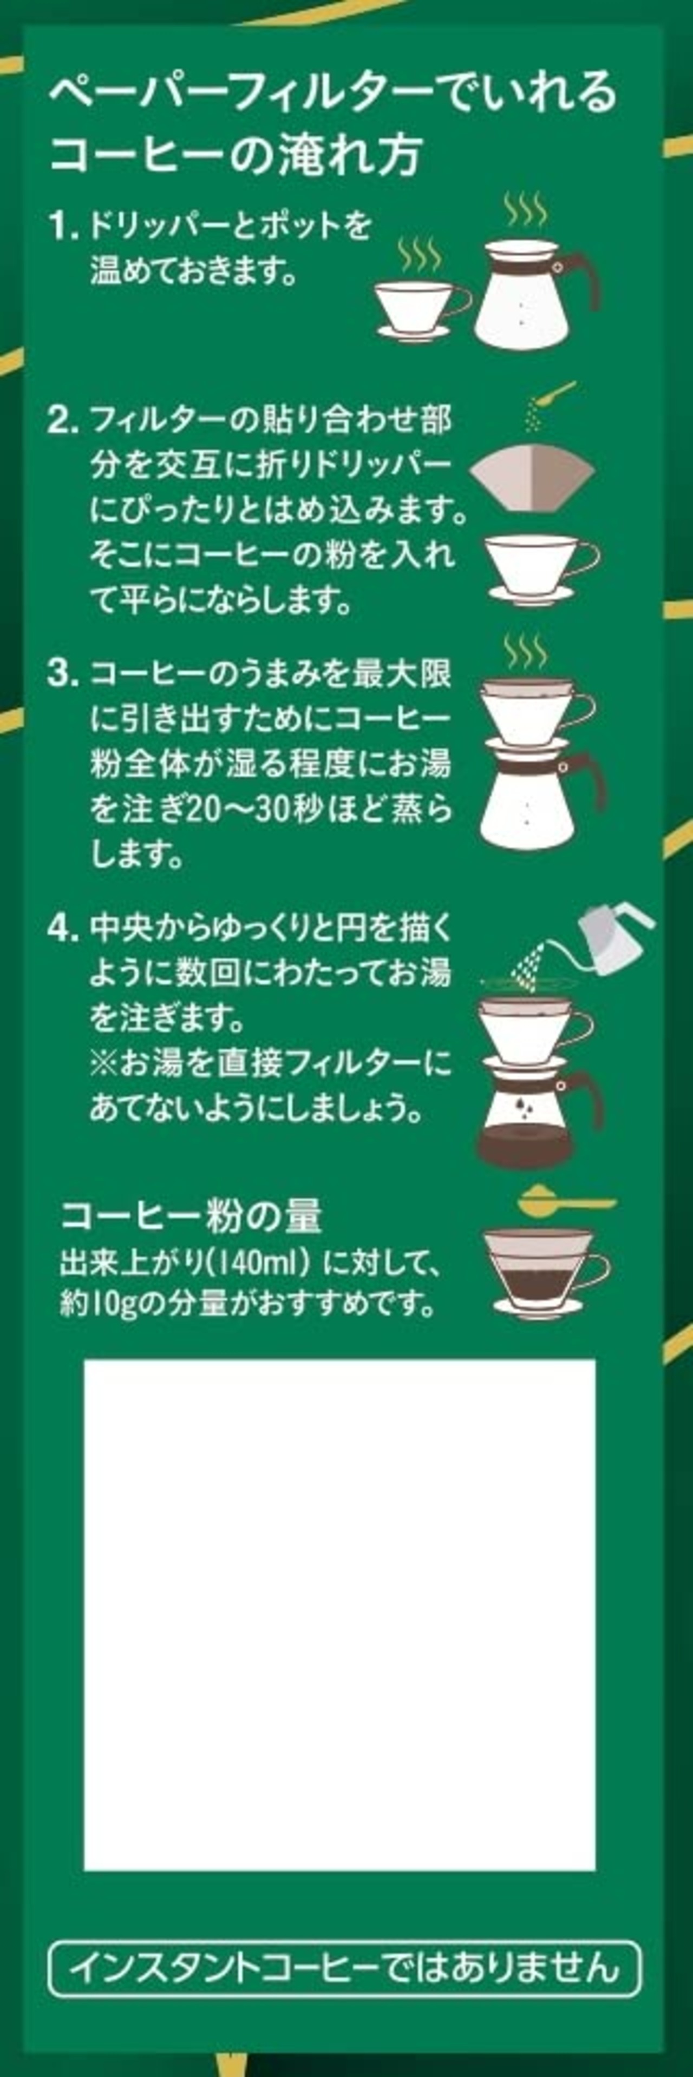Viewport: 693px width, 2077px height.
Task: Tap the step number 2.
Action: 63,420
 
